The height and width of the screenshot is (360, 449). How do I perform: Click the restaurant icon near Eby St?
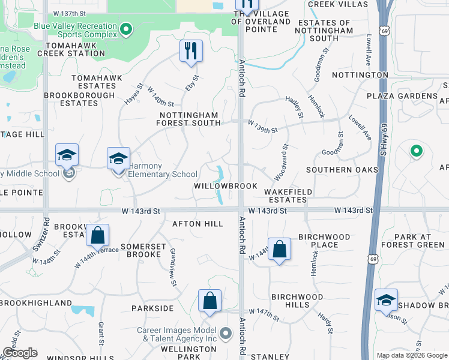tap(191, 50)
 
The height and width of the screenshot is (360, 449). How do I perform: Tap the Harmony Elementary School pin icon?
tap(119, 159)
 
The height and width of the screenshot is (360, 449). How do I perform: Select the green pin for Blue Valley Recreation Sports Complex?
tap(125, 29)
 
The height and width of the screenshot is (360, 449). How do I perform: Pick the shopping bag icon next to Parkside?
tap(209, 301)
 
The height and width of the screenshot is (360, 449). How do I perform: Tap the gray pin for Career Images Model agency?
tap(226, 333)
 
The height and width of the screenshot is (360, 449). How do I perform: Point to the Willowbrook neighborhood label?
tap(225, 186)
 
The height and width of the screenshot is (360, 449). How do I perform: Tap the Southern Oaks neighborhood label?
tap(342, 170)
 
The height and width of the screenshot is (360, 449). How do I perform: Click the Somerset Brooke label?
tap(141, 250)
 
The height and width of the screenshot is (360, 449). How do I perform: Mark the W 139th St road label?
tap(263, 122)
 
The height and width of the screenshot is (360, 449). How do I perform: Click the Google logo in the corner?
tap(19, 353)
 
